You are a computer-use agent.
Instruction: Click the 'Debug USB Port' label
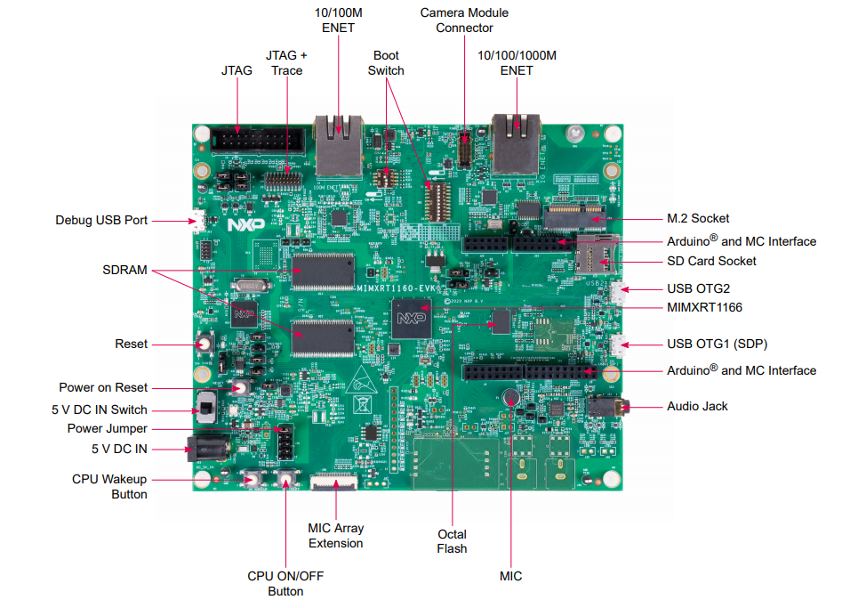pyautogui.click(x=101, y=220)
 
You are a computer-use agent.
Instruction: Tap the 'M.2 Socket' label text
pyautogui.click(x=698, y=218)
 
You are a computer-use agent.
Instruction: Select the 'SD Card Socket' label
pyautogui.click(x=711, y=261)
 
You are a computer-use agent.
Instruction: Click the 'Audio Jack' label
pyautogui.click(x=697, y=406)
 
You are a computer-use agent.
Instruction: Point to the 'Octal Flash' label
pyautogui.click(x=452, y=541)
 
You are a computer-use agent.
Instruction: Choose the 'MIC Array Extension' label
pyautogui.click(x=335, y=535)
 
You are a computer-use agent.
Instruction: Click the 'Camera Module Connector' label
pyautogui.click(x=464, y=20)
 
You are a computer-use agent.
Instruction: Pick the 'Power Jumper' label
pyautogui.click(x=108, y=428)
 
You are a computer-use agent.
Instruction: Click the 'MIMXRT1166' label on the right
pyautogui.click(x=704, y=307)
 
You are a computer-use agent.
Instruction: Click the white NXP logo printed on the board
pyautogui.click(x=240, y=225)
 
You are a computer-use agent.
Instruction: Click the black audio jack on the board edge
pyautogui.click(x=610, y=408)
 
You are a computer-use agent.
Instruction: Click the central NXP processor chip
pyautogui.click(x=411, y=318)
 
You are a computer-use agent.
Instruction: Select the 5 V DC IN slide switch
pyautogui.click(x=205, y=410)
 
